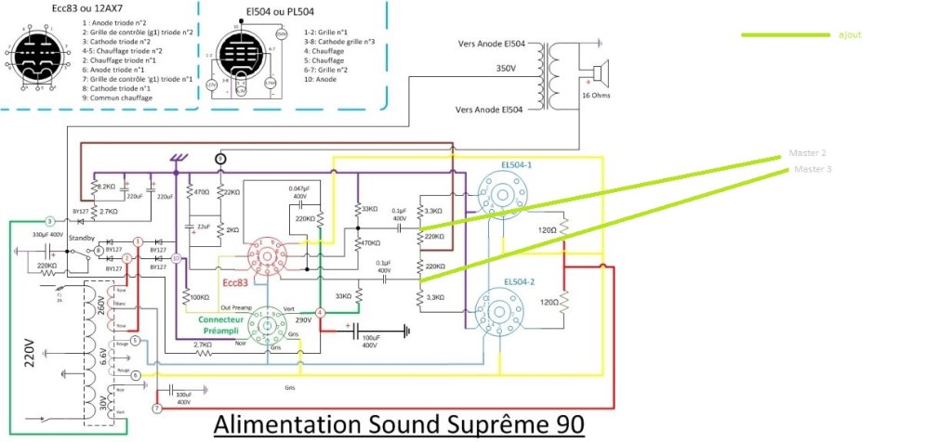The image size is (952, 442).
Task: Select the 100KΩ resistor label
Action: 200,299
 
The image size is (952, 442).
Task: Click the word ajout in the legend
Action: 849,34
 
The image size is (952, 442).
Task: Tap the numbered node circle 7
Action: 156,409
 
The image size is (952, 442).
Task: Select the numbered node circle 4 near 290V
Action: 320,313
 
